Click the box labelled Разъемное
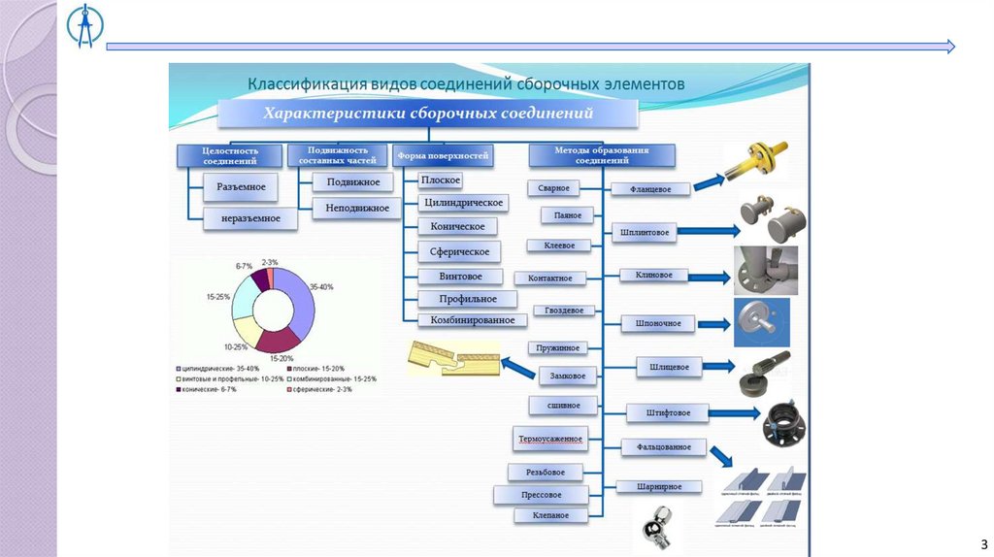tap(241, 185)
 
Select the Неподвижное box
tap(357, 208)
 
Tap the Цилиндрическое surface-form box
tap(463, 203)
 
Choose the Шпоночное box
tap(658, 323)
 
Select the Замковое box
tap(566, 374)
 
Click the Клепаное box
tap(550, 516)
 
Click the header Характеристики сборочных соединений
tap(428, 115)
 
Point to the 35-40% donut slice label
tap(321, 287)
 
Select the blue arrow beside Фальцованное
tap(719, 454)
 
